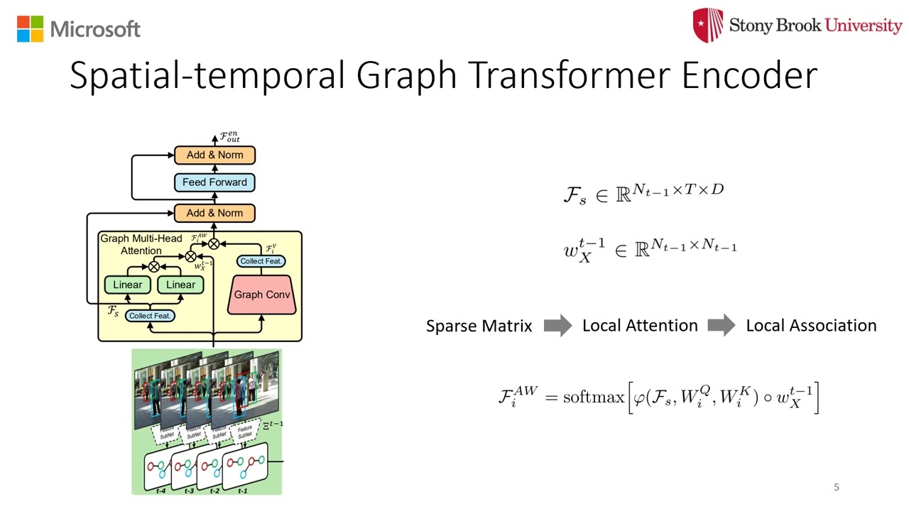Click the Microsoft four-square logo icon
tap(30, 29)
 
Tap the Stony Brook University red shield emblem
tap(708, 26)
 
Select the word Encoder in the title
tap(749, 75)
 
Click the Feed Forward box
tap(214, 182)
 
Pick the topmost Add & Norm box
tap(214, 155)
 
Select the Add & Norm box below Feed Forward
tap(214, 213)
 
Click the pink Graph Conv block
tap(262, 295)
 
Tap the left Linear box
tap(128, 285)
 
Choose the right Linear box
tap(180, 285)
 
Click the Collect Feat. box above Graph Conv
tap(261, 261)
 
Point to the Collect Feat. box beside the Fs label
tap(150, 315)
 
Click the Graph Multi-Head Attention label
tap(141, 244)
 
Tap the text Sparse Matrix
tap(479, 326)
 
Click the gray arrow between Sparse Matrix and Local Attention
tap(557, 326)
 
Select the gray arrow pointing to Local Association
tap(721, 326)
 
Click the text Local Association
tap(811, 326)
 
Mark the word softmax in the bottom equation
tap(594, 397)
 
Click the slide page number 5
tap(836, 487)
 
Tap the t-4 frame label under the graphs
tap(160, 490)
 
